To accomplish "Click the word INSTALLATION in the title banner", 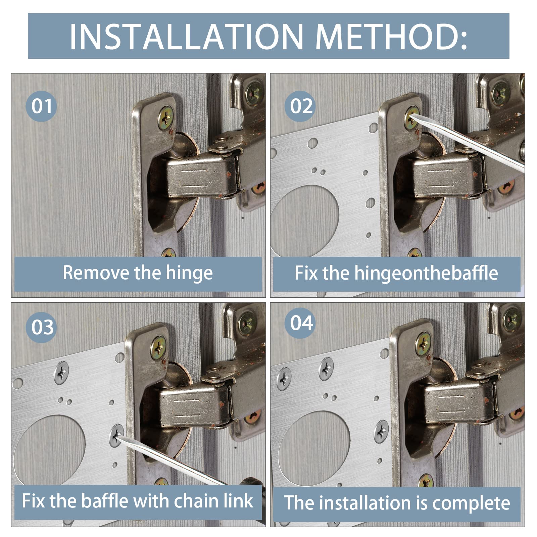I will click(x=186, y=36).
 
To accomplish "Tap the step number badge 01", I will click(x=41, y=106).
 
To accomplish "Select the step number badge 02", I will click(x=300, y=106).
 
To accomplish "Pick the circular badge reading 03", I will click(x=41, y=327).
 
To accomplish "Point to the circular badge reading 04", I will click(x=300, y=323).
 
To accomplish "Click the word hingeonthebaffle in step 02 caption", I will click(x=426, y=273).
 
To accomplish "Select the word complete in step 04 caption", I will click(x=471, y=503).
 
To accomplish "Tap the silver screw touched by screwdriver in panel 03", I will click(x=116, y=435).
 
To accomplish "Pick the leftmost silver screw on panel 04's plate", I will click(x=284, y=379).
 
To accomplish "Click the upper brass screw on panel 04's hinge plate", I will click(x=423, y=344).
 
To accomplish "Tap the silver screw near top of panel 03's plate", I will click(x=61, y=373).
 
